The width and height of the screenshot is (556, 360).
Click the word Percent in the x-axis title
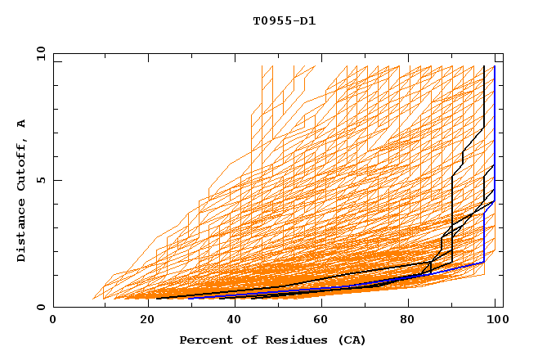[202, 340]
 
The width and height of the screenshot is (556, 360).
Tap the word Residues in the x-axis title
[280, 340]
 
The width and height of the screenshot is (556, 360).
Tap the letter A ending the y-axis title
[21, 123]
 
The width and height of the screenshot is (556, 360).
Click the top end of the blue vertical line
[495, 66]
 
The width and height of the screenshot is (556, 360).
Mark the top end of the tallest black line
[484, 66]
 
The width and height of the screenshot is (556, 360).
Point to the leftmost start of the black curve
[156, 298]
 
